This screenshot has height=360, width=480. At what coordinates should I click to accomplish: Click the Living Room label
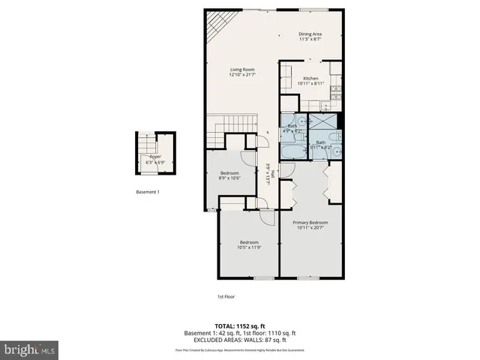pos(241,69)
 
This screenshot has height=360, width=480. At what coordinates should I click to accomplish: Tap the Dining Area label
pos(310,34)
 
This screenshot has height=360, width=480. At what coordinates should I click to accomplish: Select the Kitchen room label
pos(310,78)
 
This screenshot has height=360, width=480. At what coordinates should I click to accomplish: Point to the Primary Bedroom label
pos(310,223)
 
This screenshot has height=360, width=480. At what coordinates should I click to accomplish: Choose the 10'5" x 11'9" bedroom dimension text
pos(249,247)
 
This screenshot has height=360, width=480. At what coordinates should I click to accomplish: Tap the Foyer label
pos(155,157)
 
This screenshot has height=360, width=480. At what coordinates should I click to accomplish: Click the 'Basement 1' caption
pos(147,192)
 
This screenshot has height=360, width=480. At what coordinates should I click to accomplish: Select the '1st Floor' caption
pos(226,297)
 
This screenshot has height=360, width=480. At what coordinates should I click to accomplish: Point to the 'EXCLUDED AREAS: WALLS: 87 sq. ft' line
pos(240,340)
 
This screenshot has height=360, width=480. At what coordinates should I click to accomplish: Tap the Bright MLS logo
pos(30,349)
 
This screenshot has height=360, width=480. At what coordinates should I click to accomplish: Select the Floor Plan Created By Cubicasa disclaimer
pos(240,349)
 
